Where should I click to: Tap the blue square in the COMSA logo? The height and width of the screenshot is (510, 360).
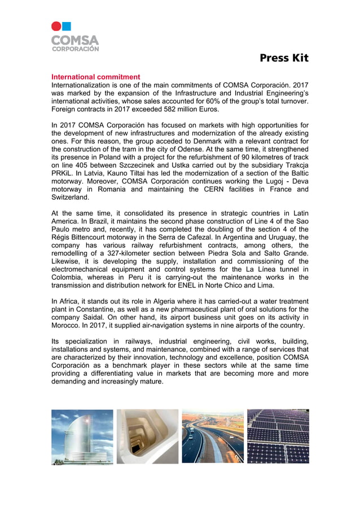pyautogui.click(x=67, y=26)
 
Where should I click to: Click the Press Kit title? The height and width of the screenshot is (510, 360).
pyautogui.click(x=284, y=58)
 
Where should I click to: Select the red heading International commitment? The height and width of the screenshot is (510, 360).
pyautogui.click(x=96, y=77)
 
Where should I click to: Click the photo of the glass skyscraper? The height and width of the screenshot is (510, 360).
pyautogui.click(x=82, y=437)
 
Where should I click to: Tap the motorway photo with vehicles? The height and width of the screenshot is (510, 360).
pyautogui.click(x=212, y=437)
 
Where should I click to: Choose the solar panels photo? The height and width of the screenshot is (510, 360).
pyautogui.click(x=278, y=437)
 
